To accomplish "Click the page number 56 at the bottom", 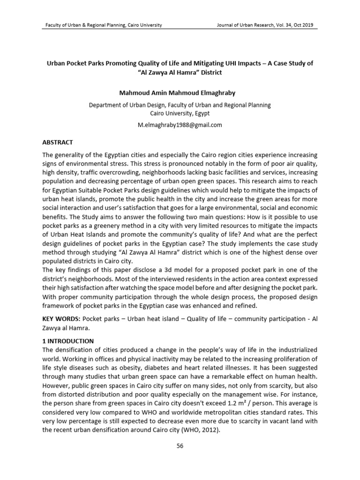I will click(x=180, y=445).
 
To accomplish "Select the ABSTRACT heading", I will click(x=58, y=142).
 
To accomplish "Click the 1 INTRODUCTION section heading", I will click(x=68, y=341).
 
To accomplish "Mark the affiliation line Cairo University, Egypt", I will click(x=180, y=113).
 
